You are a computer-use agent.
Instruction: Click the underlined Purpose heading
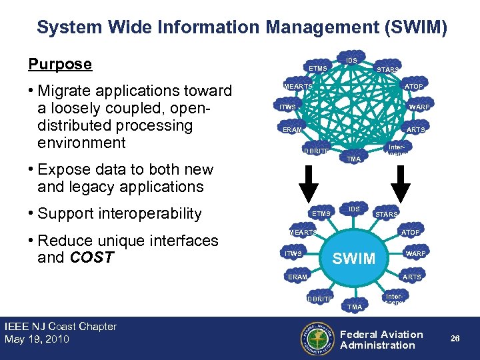tap(60, 64)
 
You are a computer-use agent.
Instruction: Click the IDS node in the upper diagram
tap(352, 61)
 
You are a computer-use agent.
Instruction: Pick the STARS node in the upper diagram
tap(388, 69)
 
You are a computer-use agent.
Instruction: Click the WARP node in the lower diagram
tap(417, 254)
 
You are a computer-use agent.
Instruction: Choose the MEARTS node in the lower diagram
tap(302, 233)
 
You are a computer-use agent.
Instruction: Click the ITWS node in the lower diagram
tap(293, 254)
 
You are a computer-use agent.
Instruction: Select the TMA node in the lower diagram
tap(355, 307)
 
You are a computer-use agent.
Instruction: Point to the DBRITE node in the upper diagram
tap(317, 151)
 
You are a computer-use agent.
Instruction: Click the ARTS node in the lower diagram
tap(412, 277)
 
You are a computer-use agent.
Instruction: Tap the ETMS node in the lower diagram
tap(321, 214)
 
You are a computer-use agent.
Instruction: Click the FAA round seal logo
tap(317, 339)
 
